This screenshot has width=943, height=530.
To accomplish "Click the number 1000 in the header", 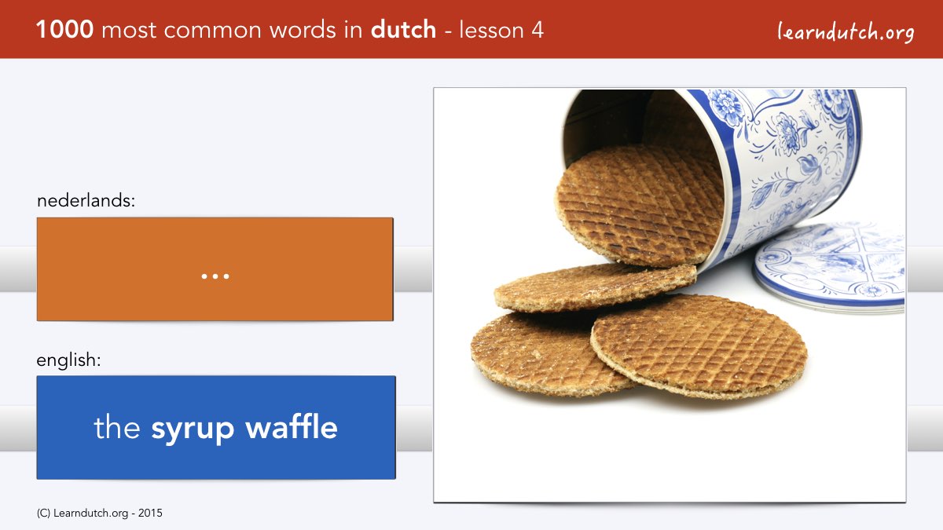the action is point(64,30).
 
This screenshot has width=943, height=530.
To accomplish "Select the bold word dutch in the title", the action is point(403,29).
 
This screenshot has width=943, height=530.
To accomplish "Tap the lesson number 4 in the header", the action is point(538,30).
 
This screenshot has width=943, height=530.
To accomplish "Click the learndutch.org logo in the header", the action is point(846,31).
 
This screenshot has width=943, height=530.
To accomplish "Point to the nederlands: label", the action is point(86,200).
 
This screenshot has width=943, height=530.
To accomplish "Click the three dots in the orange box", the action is point(215,276).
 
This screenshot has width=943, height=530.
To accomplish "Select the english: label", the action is point(68,360).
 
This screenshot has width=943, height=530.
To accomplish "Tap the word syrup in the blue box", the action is point(193,429).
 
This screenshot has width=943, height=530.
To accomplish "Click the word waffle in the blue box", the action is point(292,426).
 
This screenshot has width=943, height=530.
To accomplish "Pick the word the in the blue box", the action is point(116,426).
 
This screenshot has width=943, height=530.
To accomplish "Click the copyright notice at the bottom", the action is point(99,514).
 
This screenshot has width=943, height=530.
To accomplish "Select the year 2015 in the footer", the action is point(150,514).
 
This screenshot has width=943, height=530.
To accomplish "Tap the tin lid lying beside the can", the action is point(828,267).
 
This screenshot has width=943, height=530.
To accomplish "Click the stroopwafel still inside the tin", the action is point(640,205).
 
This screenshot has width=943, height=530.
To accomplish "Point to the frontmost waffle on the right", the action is point(699,345).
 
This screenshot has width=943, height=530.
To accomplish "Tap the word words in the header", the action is point(303,30).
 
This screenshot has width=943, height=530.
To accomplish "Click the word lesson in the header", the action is point(491,30).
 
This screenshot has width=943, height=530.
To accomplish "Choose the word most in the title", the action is point(129,31).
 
